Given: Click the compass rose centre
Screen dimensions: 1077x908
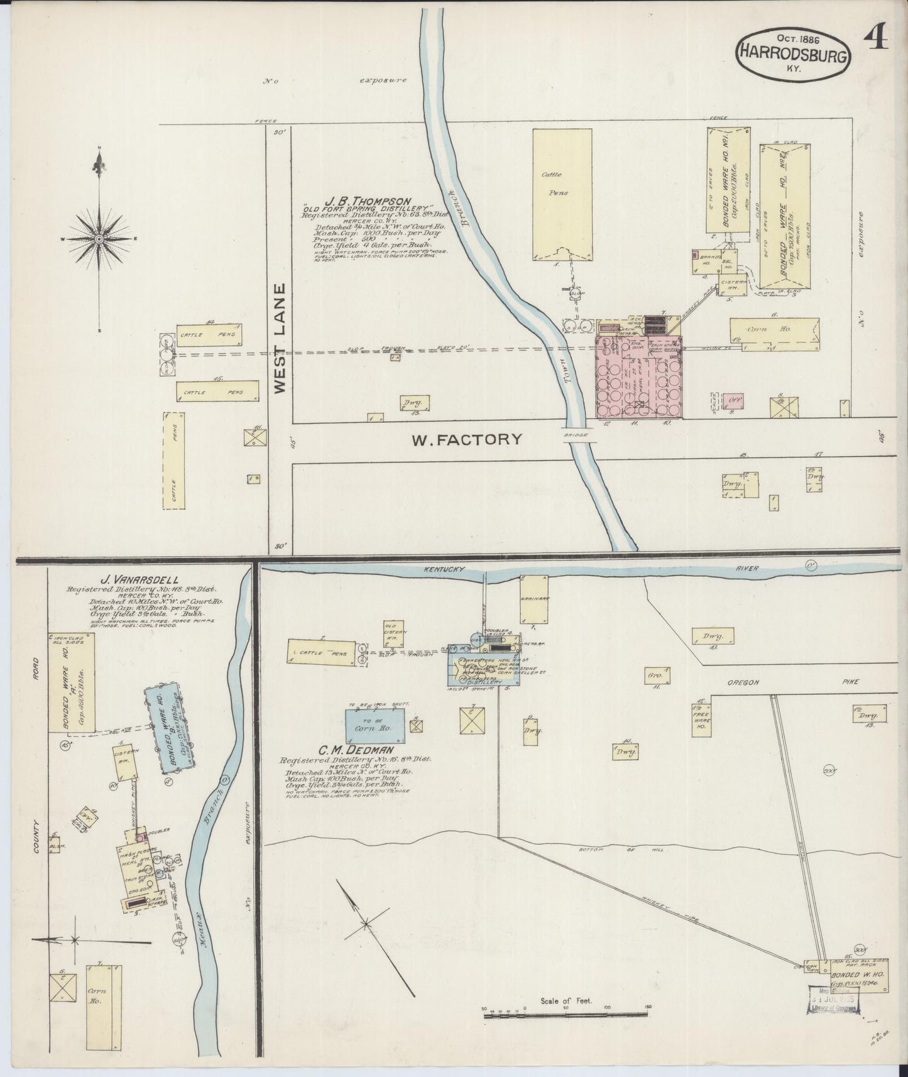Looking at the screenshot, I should click(99, 239).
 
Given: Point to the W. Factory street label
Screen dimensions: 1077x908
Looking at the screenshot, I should click(466, 439).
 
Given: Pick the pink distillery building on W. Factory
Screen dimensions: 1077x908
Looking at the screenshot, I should click(638, 377).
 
